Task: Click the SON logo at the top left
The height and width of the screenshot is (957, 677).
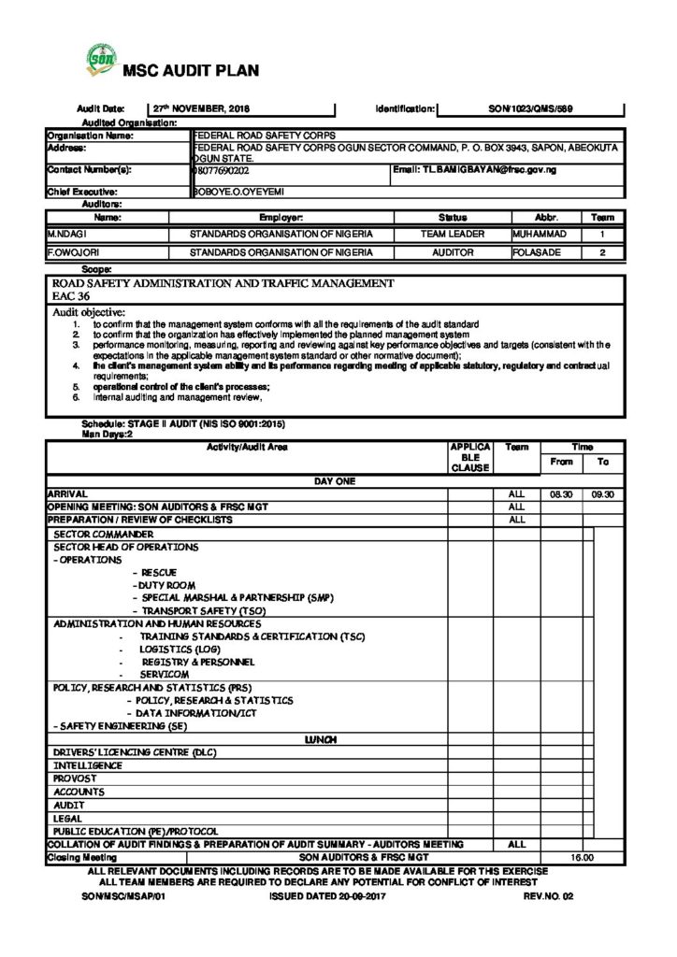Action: [x=97, y=59]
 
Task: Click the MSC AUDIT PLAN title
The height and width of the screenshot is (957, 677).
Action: [x=185, y=70]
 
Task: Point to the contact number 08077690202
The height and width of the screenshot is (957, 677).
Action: [x=221, y=172]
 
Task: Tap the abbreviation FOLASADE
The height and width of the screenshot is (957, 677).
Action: [x=540, y=252]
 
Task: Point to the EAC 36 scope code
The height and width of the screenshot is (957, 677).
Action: [x=70, y=296]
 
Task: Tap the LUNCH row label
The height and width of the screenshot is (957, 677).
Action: [x=321, y=738]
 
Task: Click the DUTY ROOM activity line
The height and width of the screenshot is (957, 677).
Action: [x=164, y=584]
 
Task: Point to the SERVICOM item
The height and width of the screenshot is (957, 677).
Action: [x=165, y=674]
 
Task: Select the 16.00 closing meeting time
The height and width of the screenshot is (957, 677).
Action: [x=582, y=856]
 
